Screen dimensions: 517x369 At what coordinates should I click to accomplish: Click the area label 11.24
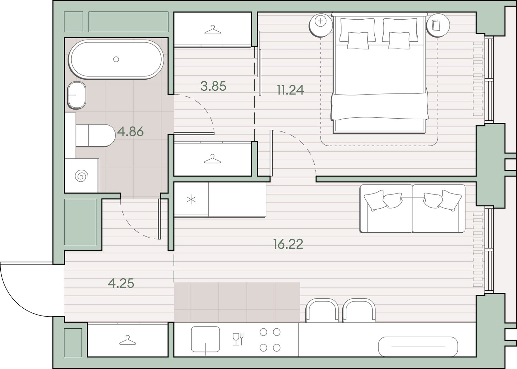290,90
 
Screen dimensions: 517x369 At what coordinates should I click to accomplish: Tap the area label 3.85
213,86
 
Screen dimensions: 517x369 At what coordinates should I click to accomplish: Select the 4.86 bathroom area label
130,132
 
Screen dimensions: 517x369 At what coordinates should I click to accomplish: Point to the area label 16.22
288,244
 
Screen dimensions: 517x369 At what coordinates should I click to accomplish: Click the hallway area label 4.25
121,283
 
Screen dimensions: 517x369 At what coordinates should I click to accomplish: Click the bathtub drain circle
116,59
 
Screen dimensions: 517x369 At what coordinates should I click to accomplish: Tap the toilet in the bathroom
95,135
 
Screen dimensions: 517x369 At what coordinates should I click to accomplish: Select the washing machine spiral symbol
81,176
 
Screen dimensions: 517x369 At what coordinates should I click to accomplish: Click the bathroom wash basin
77,95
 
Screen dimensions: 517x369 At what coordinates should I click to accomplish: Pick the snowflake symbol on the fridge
191,200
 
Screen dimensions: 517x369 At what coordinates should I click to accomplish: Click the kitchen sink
205,339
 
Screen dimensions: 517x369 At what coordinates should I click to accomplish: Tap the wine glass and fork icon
238,339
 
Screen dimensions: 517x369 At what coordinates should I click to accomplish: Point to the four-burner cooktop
270,340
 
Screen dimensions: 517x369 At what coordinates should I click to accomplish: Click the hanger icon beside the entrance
128,340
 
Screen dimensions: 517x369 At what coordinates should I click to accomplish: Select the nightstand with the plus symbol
321,25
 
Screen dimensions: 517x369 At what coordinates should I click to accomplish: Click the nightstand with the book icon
438,25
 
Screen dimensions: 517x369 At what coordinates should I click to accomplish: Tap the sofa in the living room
413,208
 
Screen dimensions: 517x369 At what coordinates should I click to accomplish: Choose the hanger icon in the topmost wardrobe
213,30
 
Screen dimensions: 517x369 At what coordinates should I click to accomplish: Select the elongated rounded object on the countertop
418,347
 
